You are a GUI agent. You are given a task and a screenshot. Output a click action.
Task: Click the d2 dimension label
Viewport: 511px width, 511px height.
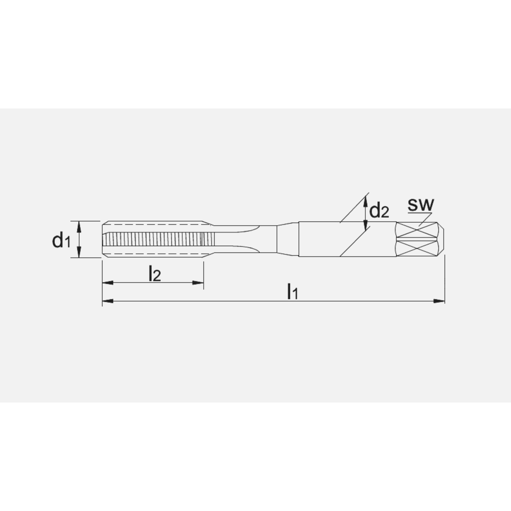379,210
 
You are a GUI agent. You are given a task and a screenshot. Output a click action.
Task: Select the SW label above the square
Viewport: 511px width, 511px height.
421,205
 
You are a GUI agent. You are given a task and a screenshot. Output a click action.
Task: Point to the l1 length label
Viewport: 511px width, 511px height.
292,292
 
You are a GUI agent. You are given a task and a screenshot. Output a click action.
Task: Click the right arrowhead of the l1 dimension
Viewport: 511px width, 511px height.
439,301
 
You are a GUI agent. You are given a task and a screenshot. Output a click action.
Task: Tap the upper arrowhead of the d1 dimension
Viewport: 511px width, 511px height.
79,225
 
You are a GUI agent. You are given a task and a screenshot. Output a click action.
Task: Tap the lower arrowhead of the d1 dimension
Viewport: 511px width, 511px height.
79,254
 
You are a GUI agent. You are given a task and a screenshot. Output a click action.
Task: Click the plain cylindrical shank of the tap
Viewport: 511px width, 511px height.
322,239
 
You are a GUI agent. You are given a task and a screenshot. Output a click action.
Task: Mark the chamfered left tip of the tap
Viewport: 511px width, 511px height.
104,239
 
